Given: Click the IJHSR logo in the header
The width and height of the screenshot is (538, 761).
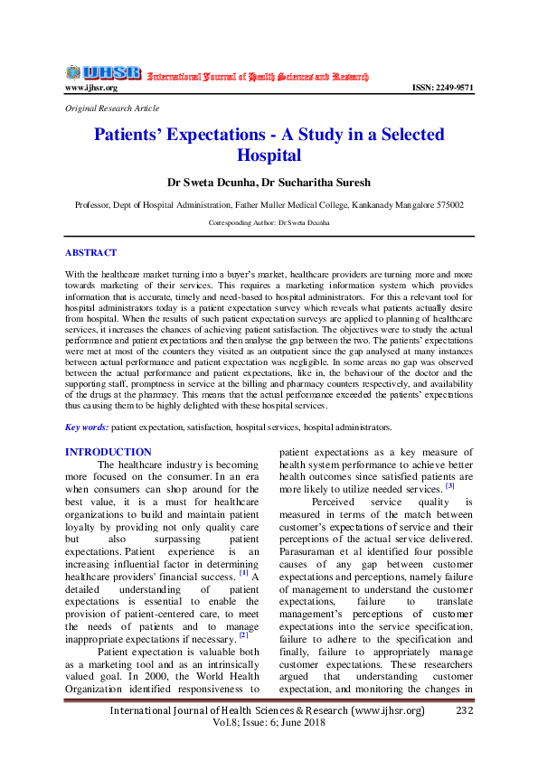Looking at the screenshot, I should [103, 73].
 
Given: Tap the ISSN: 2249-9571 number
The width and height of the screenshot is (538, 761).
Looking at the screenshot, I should [442, 88].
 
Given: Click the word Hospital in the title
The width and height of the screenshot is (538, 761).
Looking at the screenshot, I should [269, 155].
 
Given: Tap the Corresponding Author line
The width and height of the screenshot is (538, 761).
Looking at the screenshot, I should [269, 221].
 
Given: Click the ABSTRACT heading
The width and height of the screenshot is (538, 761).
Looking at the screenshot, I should [90, 253].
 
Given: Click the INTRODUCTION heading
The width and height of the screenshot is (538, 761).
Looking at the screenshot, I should [109, 452].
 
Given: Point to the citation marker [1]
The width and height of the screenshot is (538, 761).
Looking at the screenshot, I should [243, 572].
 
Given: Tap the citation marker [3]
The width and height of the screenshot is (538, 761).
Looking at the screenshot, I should [448, 487].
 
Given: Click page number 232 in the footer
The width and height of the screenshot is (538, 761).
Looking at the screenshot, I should [465, 710].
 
